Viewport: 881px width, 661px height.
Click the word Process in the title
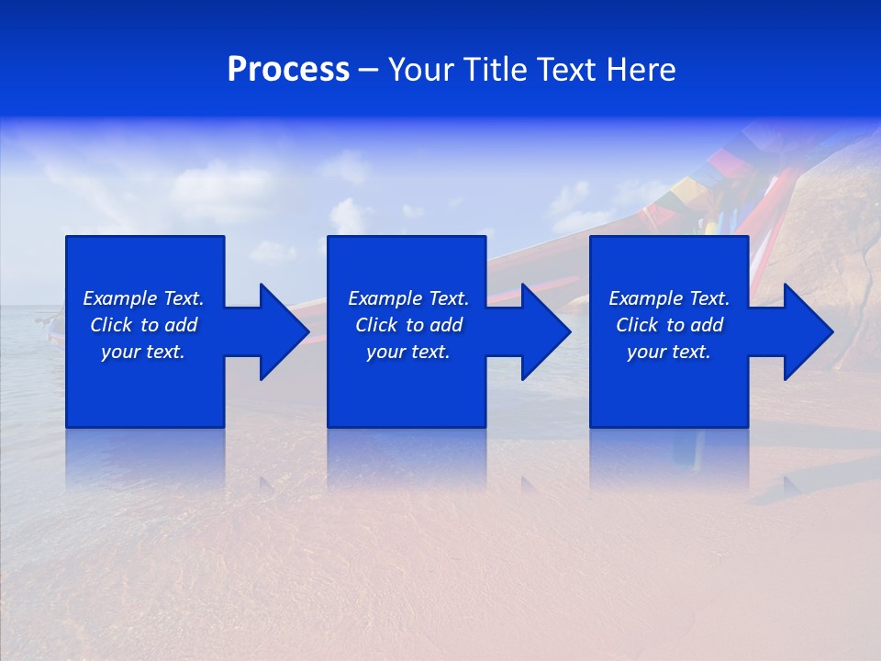click(x=288, y=70)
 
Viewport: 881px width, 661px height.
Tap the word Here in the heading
click(x=641, y=70)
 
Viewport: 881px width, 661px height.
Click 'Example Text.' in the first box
click(x=143, y=298)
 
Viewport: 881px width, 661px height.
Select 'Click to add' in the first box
click(x=143, y=325)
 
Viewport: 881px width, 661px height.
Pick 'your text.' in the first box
click(x=143, y=352)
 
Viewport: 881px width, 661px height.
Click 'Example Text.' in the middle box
click(x=407, y=298)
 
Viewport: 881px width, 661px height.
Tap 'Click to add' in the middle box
click(x=407, y=325)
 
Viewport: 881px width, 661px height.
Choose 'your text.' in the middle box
click(x=407, y=352)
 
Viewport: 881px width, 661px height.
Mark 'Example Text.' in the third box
click(x=669, y=298)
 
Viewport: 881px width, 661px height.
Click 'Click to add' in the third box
click(x=669, y=325)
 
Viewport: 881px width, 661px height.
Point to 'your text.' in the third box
click(x=669, y=352)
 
